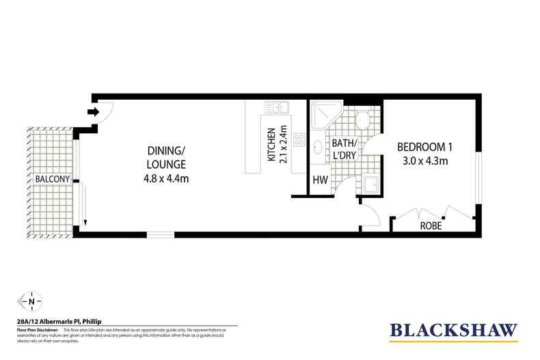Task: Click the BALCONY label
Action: (51, 179)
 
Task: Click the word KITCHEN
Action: (271, 145)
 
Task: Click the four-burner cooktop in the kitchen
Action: (299, 140)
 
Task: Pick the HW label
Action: (319, 181)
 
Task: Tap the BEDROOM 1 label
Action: (426, 147)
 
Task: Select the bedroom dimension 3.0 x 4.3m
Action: (426, 161)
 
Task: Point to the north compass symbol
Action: (31, 300)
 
